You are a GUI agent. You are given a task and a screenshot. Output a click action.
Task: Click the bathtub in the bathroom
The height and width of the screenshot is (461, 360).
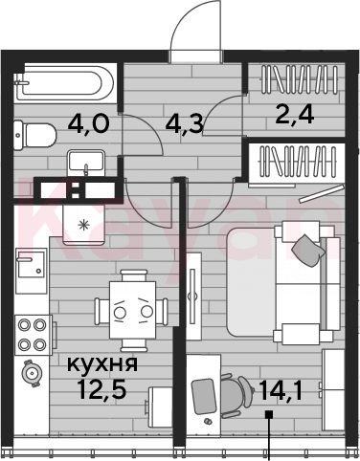(65, 83)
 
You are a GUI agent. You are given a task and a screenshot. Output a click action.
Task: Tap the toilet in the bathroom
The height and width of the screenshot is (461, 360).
(34, 136)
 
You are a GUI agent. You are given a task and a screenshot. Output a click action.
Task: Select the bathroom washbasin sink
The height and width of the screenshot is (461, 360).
(86, 163)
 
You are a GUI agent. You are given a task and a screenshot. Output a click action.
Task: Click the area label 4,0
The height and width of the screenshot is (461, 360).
(88, 123)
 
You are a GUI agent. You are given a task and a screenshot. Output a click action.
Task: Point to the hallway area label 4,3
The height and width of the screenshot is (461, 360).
(184, 123)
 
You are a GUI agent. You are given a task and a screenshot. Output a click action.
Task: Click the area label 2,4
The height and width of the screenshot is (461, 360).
(295, 115)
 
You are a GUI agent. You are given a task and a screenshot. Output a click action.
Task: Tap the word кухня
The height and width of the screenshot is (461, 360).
(102, 363)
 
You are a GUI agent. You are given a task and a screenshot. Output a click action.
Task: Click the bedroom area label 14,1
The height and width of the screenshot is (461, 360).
(281, 390)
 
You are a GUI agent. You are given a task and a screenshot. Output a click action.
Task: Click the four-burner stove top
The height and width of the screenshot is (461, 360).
(34, 335)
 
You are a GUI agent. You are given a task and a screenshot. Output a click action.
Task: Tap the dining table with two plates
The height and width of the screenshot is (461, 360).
(133, 310)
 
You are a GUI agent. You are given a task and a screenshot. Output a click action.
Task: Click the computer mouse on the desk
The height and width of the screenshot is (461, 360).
(209, 421)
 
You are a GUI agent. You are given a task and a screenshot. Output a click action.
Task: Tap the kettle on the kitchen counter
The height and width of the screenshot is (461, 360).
(31, 373)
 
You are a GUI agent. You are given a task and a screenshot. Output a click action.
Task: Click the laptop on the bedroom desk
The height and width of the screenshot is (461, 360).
(204, 396)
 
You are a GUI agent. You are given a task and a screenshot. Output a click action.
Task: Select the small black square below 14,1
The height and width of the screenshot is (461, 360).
(269, 414)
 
